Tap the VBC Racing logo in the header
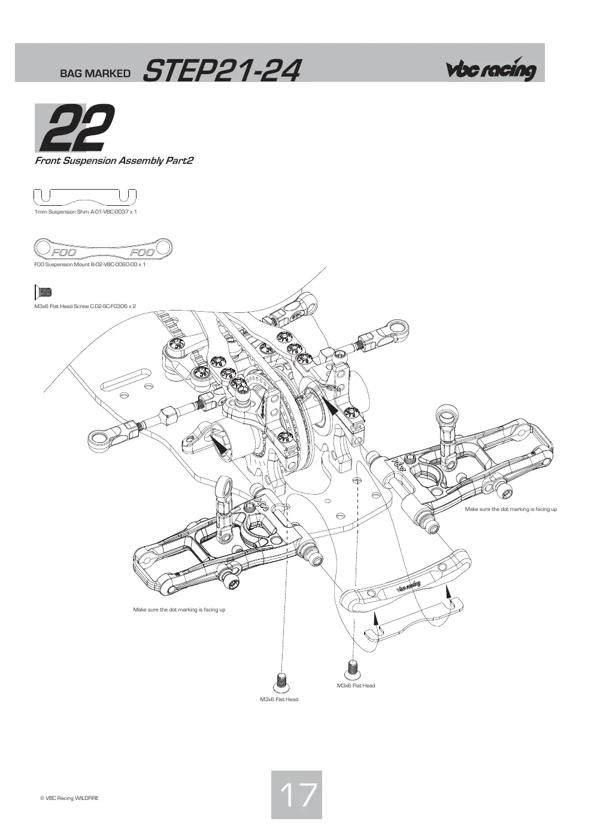(491, 69)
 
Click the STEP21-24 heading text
(222, 71)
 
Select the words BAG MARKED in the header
(95, 74)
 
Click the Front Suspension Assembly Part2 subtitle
(114, 161)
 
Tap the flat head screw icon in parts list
(43, 292)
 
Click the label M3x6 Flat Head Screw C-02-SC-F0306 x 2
(85, 306)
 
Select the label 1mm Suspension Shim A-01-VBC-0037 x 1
(86, 212)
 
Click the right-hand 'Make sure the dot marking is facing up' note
(511, 509)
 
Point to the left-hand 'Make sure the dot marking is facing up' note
(179, 610)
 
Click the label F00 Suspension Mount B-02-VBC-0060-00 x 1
(90, 265)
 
